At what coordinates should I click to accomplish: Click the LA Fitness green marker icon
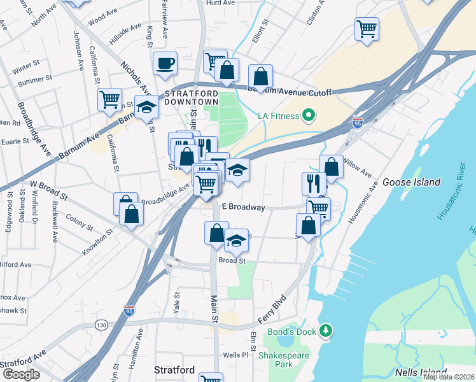tap(309, 115)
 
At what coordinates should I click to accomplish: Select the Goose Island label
tap(411, 183)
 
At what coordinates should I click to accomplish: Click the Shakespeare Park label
tap(276, 360)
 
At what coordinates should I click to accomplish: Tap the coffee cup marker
tap(165, 64)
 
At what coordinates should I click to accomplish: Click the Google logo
tap(20, 374)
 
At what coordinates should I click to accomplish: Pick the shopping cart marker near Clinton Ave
tap(367, 29)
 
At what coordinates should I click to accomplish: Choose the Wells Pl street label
tap(235, 355)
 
